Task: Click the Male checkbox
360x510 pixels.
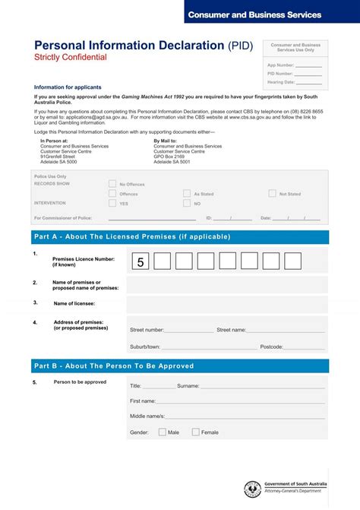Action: click(x=163, y=432)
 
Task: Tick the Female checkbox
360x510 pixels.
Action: click(x=195, y=432)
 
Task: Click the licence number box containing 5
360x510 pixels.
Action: click(x=141, y=261)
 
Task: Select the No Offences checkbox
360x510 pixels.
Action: click(x=112, y=183)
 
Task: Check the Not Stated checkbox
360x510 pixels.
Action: click(x=272, y=193)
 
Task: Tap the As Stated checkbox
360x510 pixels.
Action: click(x=187, y=193)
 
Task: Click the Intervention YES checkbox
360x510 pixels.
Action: click(x=112, y=203)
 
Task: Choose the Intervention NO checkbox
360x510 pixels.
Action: click(x=187, y=203)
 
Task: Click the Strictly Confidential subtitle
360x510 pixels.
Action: click(x=71, y=58)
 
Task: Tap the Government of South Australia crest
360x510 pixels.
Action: click(x=252, y=489)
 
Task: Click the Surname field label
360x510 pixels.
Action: click(x=188, y=385)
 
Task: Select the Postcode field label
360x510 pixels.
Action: click(x=271, y=347)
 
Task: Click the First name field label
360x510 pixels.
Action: click(x=143, y=401)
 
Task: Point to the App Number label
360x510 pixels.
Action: click(x=280, y=65)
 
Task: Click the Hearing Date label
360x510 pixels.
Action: click(x=280, y=82)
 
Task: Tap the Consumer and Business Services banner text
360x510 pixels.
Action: click(x=254, y=14)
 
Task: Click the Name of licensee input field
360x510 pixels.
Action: click(x=227, y=303)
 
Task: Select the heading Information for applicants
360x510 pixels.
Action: click(x=68, y=87)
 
